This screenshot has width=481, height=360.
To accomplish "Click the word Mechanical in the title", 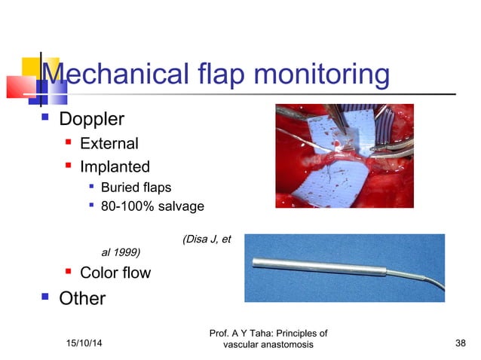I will [110, 75].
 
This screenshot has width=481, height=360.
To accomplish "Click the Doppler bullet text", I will [91, 119].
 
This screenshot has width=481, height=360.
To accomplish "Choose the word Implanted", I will [115, 166].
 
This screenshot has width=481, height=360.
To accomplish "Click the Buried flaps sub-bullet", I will [139, 187].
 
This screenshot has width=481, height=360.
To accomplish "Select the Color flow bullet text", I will [115, 273].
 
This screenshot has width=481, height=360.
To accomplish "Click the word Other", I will [82, 298].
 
